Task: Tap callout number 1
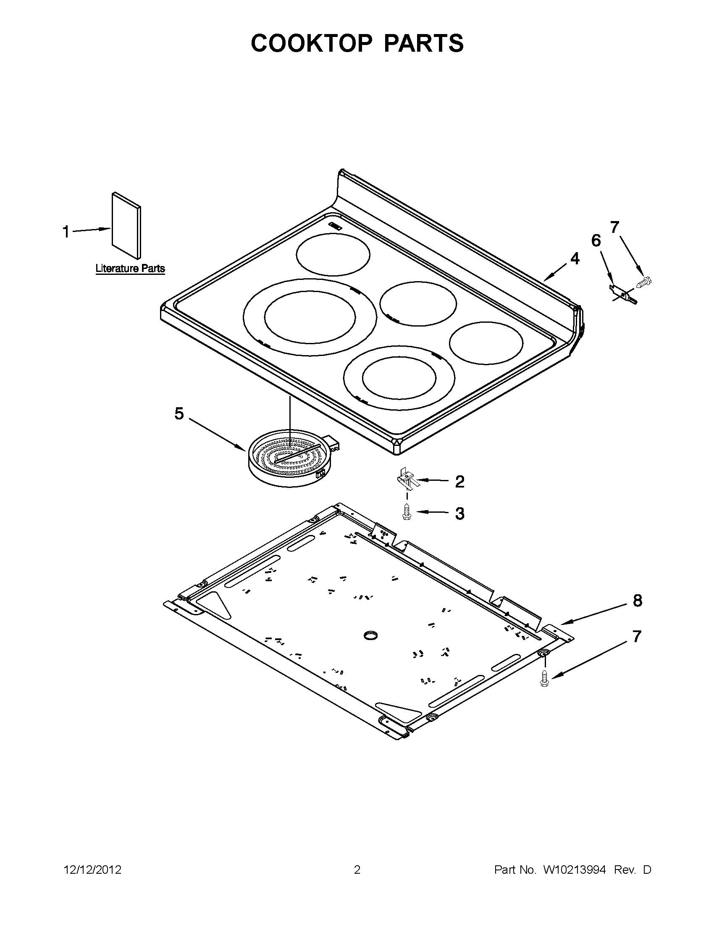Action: pos(66,232)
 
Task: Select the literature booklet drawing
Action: pos(126,225)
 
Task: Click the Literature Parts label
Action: pos(130,268)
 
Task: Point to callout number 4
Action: pos(574,258)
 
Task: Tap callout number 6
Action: pos(596,240)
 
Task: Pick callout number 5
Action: pos(179,414)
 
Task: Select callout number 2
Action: pos(459,482)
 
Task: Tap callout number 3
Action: pos(459,513)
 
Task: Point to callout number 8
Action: pos(638,601)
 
